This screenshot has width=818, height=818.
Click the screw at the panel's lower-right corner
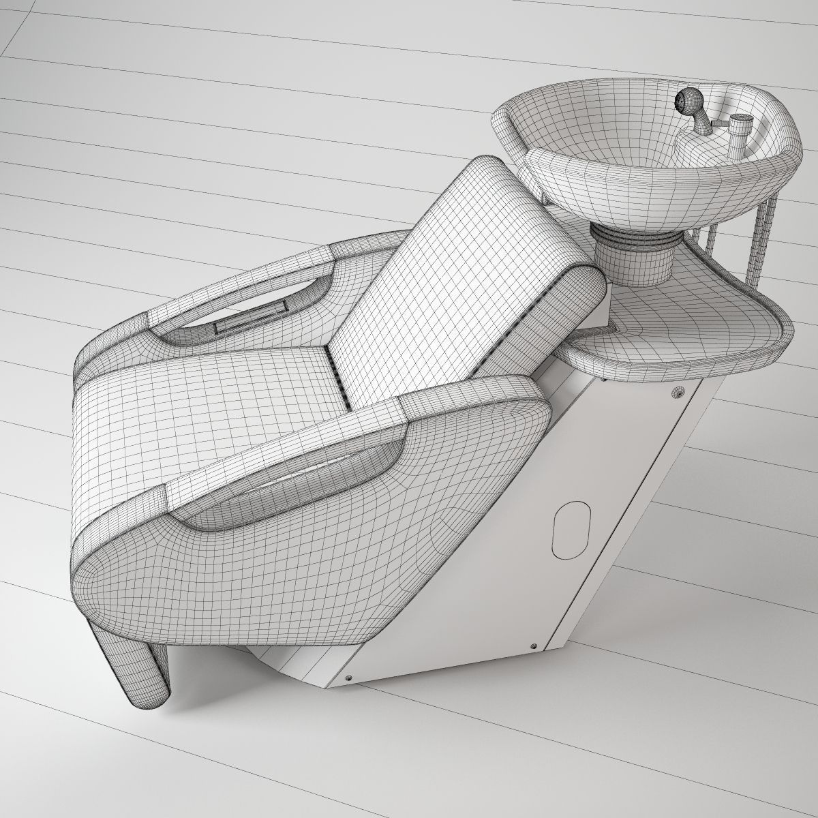(x=534, y=646)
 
